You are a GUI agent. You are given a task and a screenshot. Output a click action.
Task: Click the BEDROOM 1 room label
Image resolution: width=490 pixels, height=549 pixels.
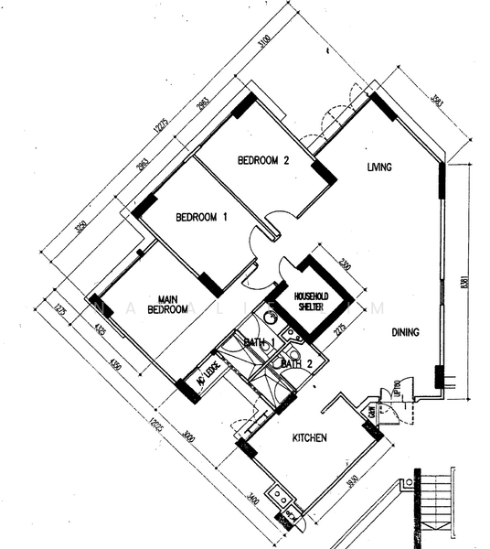(202, 217)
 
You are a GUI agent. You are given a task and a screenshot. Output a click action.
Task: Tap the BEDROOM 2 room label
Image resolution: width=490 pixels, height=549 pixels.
(263, 160)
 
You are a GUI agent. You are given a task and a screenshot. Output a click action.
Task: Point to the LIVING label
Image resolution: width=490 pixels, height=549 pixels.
(379, 167)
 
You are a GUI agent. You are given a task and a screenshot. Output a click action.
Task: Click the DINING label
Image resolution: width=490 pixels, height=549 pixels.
(405, 332)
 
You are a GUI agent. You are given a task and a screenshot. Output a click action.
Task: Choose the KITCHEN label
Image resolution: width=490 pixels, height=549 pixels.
(309, 438)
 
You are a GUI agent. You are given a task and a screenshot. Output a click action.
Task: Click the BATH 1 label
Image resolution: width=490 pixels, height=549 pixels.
(260, 342)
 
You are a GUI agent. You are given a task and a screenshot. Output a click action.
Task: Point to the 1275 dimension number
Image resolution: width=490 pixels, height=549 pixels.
(57, 311)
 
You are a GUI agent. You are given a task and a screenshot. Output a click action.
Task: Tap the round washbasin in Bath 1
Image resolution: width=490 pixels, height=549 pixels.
(271, 319)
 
